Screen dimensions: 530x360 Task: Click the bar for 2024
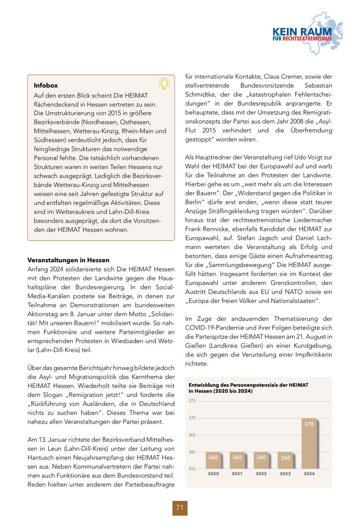[309, 443]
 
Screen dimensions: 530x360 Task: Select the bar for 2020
[213, 460]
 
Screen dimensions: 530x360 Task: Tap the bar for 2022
[261, 460]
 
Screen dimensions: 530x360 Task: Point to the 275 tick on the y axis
[192, 401]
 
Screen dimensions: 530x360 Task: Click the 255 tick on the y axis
[192, 468]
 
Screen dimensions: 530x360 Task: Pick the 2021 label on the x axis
[237, 474]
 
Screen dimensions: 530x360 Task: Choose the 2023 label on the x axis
[285, 474]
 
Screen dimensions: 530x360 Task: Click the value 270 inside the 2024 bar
[309, 424]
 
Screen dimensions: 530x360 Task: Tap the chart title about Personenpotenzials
[248, 388]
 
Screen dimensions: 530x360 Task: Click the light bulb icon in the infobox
[164, 83]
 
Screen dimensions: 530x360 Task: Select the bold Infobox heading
[46, 85]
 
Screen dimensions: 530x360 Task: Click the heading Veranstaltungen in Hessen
[68, 260]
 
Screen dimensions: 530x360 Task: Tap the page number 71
[180, 508]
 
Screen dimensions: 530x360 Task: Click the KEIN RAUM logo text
[302, 32]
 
